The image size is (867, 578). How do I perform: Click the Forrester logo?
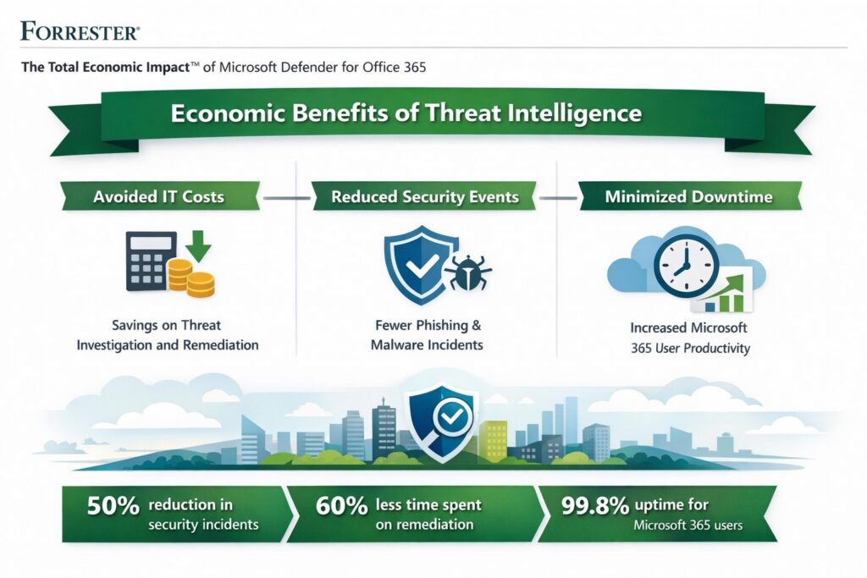click(80, 32)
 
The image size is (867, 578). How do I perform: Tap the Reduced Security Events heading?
click(426, 196)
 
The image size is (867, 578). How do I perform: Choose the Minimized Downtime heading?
click(688, 196)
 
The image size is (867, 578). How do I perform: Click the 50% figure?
click(113, 506)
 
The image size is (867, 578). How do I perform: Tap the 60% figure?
click(342, 506)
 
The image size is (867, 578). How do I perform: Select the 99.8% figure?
click(595, 506)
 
